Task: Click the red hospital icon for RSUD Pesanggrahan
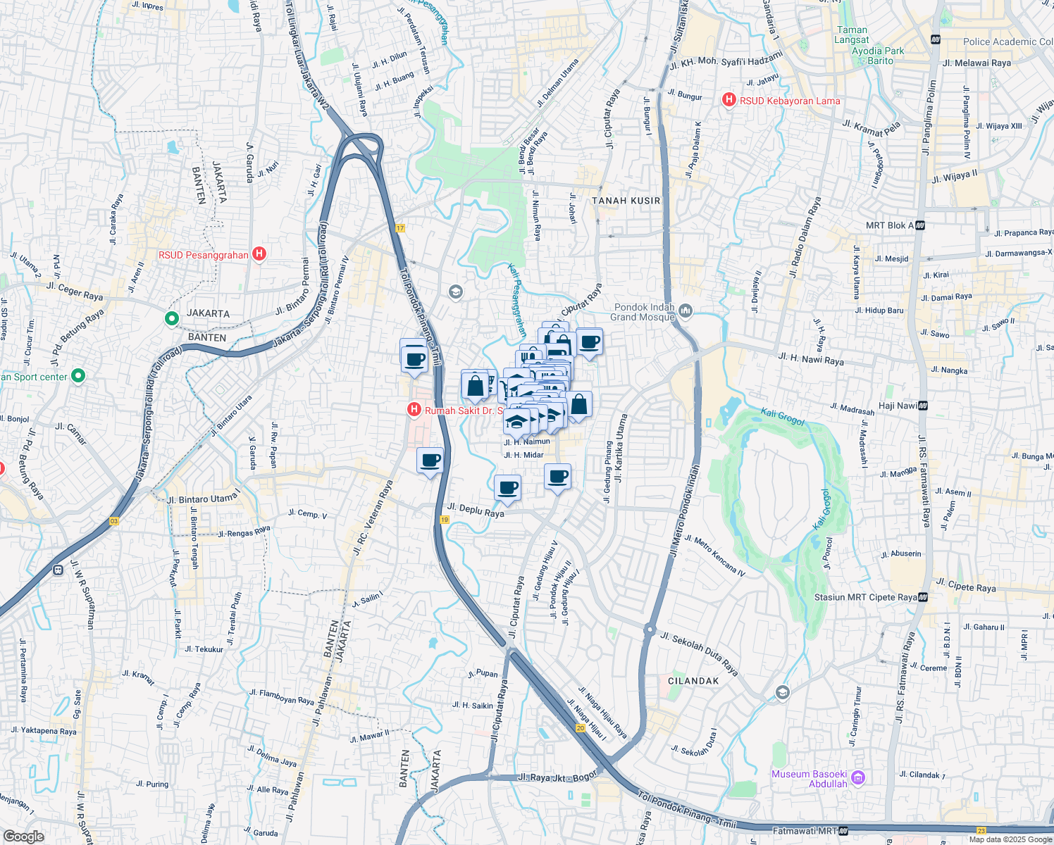(259, 254)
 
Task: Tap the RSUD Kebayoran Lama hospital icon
(729, 101)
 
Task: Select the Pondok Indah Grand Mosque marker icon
(686, 311)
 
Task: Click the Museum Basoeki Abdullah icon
(857, 778)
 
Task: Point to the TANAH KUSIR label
(626, 201)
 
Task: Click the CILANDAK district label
(693, 681)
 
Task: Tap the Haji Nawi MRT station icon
(923, 406)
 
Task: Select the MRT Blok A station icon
(920, 225)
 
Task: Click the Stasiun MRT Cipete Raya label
(865, 597)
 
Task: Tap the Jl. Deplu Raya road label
(476, 509)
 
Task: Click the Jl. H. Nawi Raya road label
(811, 360)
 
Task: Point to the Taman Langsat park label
(852, 35)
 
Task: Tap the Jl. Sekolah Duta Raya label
(699, 654)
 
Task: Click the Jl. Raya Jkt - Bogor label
(557, 777)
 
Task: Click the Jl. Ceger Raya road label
(75, 291)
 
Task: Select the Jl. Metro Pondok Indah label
(685, 510)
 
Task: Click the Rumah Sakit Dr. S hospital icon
(414, 409)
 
